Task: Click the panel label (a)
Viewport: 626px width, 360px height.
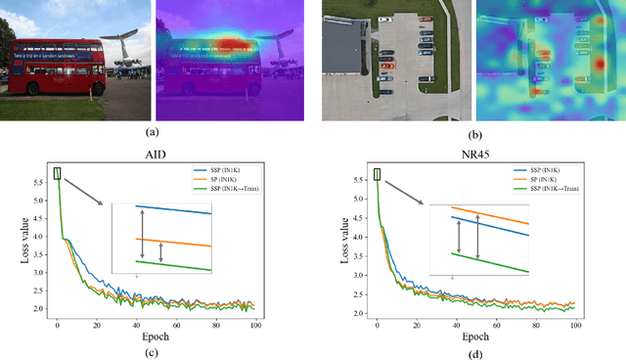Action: pos(151,132)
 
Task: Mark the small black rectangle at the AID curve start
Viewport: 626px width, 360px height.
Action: pos(57,173)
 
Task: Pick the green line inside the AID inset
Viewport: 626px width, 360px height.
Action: pos(176,265)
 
